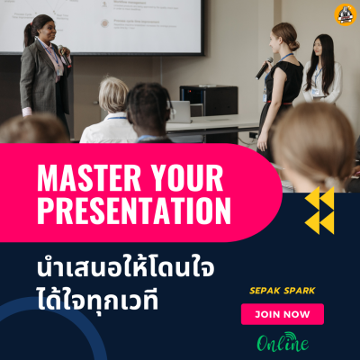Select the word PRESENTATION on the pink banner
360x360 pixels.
(134, 211)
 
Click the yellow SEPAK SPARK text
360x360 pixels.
(283, 291)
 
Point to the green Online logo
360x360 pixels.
(283, 342)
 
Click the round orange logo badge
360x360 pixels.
(346, 14)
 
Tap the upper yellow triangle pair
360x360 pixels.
(319, 198)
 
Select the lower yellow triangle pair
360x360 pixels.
(319, 222)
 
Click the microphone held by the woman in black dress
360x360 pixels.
(264, 68)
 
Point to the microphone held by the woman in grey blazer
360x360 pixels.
(64, 55)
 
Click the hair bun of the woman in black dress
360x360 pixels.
(293, 45)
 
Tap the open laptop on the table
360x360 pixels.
(179, 112)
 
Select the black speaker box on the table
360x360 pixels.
(209, 100)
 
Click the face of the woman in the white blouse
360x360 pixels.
(318, 48)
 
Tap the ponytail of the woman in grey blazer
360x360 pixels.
(29, 34)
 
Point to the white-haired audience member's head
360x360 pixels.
(113, 94)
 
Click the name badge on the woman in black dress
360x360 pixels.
(265, 97)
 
